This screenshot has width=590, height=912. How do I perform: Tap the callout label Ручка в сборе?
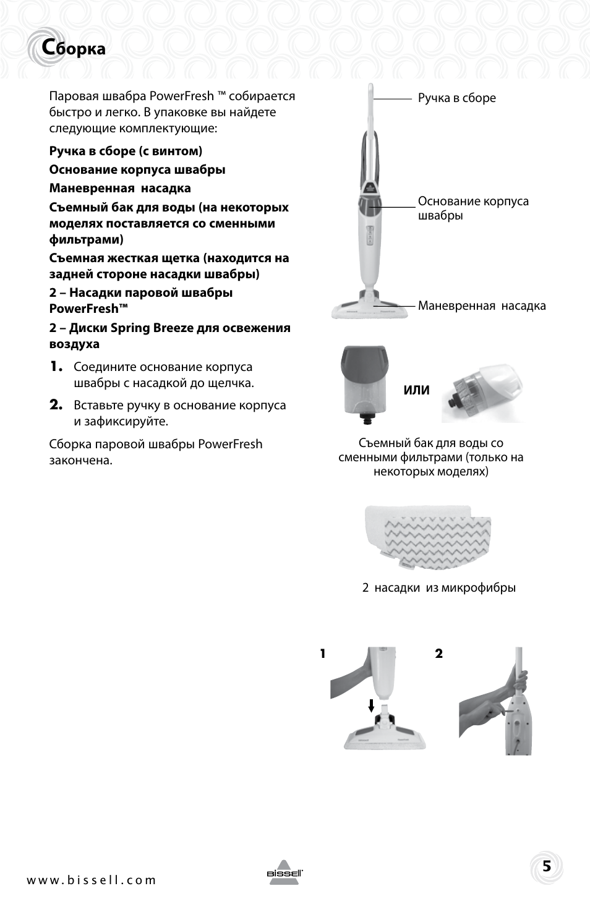[x=456, y=98]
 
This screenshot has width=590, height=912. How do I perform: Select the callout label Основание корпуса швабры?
[x=472, y=208]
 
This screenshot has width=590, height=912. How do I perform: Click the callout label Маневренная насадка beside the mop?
[x=481, y=306]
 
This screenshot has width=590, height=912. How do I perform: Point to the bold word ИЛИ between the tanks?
[x=416, y=390]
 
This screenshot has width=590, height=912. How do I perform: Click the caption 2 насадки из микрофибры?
[x=438, y=588]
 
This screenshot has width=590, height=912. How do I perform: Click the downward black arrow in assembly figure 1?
[x=371, y=705]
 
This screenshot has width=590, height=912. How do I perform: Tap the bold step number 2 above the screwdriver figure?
[x=438, y=654]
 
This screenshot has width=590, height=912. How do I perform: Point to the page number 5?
[x=546, y=866]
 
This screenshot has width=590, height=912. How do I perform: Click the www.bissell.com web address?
[x=91, y=880]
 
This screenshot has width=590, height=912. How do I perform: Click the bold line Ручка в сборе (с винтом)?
[x=126, y=151]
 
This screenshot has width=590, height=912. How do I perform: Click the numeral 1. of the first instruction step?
[x=57, y=367]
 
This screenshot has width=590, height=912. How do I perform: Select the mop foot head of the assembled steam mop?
[x=370, y=309]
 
